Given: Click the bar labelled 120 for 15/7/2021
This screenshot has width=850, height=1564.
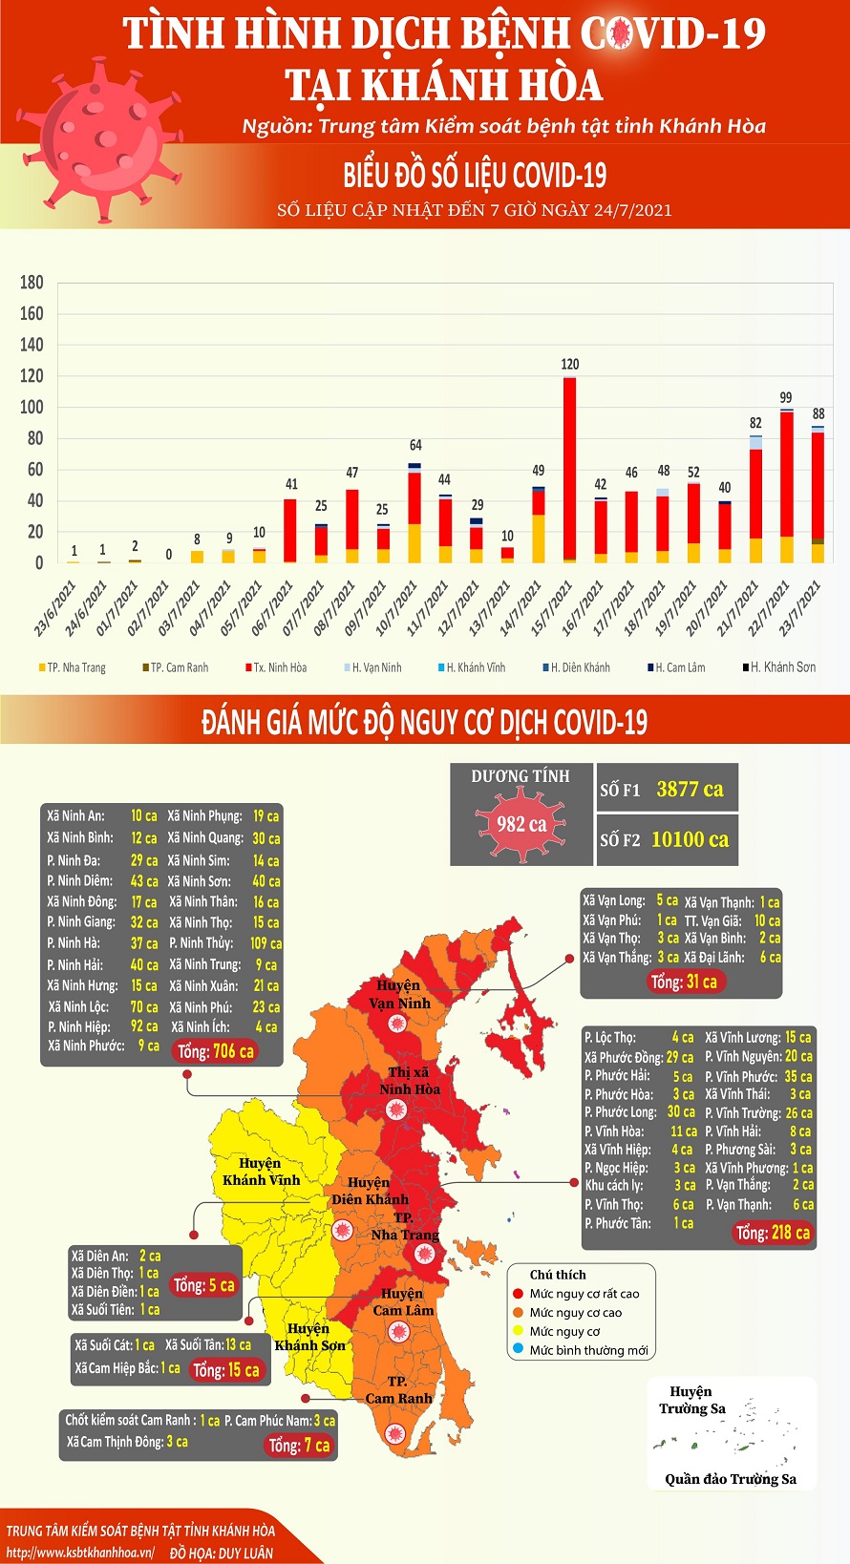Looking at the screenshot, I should click(x=569, y=468).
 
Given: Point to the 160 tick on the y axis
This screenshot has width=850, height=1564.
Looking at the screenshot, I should click(x=32, y=313).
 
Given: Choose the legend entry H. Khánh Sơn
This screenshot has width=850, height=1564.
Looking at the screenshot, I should click(x=779, y=667).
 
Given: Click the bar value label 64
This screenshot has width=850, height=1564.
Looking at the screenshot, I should click(x=415, y=445).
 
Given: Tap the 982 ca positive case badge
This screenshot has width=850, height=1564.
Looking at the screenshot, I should click(x=521, y=823).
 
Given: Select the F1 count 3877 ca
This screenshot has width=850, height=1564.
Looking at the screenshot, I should click(x=690, y=790).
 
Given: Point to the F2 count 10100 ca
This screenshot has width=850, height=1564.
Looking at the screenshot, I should click(x=690, y=839).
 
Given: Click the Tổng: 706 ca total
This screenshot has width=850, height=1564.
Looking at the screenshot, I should click(x=216, y=1051).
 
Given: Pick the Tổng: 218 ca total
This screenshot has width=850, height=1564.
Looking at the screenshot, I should click(x=773, y=1233).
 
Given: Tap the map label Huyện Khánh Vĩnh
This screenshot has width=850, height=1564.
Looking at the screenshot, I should click(x=261, y=1172).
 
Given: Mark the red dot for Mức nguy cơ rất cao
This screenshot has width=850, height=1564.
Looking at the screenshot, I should click(x=519, y=1294).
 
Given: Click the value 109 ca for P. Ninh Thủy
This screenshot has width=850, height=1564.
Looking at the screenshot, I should click(x=266, y=942).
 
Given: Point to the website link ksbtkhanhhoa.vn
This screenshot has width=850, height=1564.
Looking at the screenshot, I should click(x=80, y=1553).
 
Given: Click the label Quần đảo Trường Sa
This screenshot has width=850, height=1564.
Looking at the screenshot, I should click(x=731, y=1479).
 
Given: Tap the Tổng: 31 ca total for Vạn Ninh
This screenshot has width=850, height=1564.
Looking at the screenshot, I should click(x=683, y=982).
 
